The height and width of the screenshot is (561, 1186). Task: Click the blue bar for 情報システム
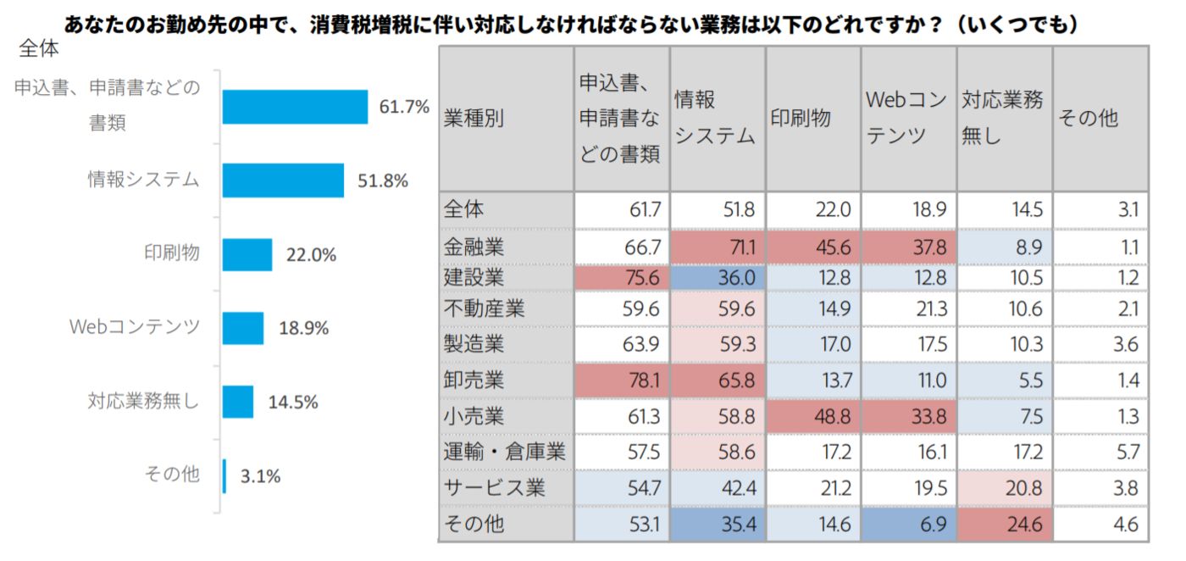pos(283,181)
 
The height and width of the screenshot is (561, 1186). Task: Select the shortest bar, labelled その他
pos(224,475)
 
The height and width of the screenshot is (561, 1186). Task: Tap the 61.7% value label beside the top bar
pos(404,108)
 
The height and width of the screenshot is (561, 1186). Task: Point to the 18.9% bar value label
pos(303,328)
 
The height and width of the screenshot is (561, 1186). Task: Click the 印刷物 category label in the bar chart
pos(172,253)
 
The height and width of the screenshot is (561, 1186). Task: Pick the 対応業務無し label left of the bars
pos(143,401)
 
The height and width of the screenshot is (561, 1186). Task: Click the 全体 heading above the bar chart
pos(39,49)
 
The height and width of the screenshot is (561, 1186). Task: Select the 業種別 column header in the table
pos(474,119)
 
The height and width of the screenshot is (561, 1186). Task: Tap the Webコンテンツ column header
pos(907,118)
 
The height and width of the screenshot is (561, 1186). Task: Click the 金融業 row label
pos(474,247)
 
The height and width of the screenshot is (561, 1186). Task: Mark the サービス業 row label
pos(495,487)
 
